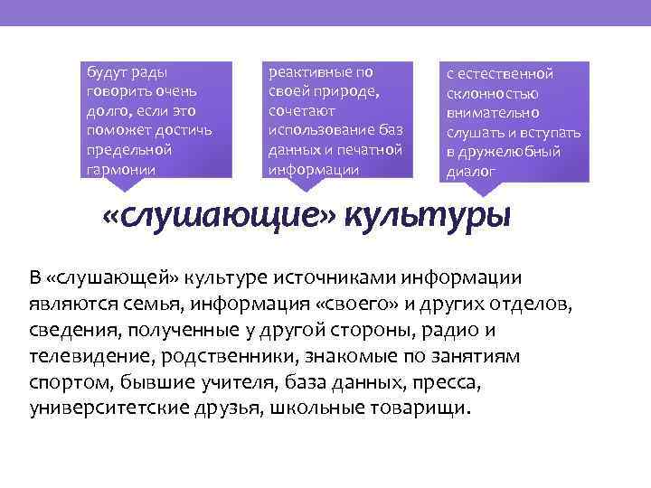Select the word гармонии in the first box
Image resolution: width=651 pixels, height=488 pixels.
121,169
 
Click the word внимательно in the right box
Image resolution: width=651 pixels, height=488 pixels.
492,113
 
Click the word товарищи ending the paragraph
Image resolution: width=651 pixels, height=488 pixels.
426,407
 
